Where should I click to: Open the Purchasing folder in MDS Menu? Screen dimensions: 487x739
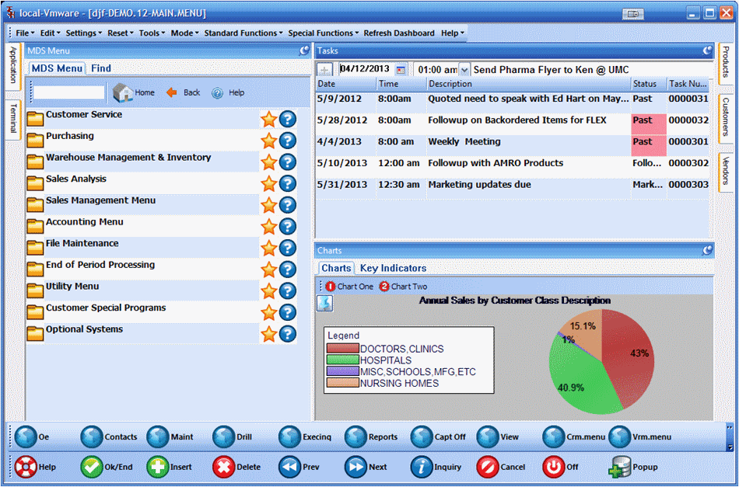pos(69,137)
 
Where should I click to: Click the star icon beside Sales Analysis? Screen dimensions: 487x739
pos(269,183)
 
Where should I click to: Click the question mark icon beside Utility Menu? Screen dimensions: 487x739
pos(288,290)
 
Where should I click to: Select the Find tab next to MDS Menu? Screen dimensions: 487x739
pos(101,68)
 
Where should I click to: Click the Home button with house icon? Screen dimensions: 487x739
pos(134,92)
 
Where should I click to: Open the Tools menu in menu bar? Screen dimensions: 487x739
pos(151,33)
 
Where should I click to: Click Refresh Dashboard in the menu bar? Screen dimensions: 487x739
pos(399,33)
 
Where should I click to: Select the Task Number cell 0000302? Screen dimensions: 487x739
pos(688,163)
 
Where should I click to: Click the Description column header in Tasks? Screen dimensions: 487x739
pos(450,84)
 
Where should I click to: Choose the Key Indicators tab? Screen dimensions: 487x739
pos(393,268)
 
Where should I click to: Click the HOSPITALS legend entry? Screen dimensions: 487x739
pos(385,360)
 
